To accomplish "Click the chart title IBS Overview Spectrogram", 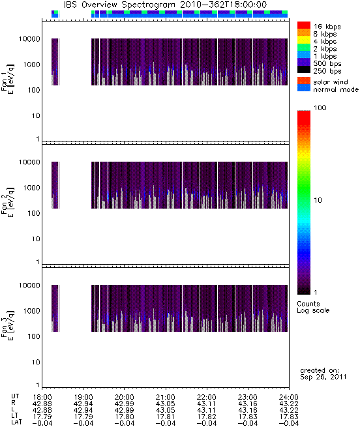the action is click(119, 5).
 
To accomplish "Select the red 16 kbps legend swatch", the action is click(304, 25).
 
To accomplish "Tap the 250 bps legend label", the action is click(327, 71).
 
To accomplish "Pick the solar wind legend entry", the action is click(331, 82).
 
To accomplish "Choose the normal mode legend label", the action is click(336, 89).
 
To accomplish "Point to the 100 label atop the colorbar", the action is click(320, 108).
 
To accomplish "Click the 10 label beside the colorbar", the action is click(318, 200).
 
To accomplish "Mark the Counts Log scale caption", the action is click(313, 307).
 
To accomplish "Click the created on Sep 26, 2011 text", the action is click(323, 374).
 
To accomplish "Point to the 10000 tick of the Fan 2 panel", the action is click(29, 162).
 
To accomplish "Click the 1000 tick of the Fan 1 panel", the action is click(31, 65).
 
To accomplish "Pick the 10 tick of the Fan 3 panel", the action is click(36, 362).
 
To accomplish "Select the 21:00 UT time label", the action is click(166, 397).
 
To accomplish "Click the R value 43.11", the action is click(207, 404).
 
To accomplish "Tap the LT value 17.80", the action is click(125, 417).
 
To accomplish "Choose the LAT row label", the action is click(16, 423).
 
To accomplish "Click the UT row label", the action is click(15, 396).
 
